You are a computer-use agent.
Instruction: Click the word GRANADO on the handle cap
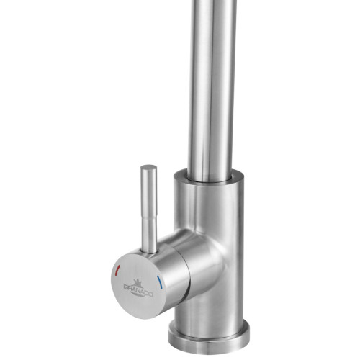tap(131, 287)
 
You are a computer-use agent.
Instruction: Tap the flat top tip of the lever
tap(148, 168)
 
